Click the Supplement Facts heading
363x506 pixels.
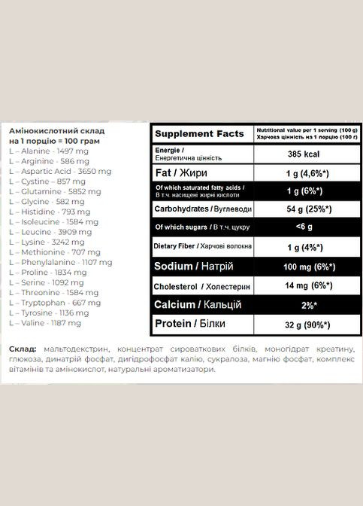199,134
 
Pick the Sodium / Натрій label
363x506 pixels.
192,266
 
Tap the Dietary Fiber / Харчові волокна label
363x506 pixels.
204,246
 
